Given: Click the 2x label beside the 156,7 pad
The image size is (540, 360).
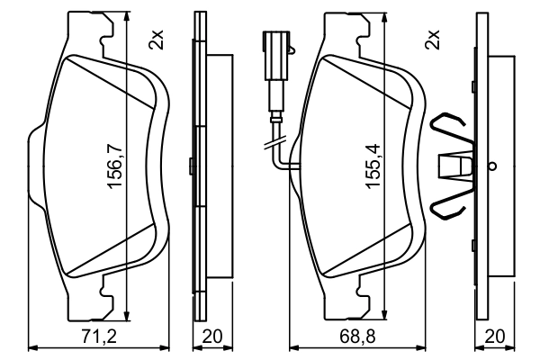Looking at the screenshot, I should click(x=157, y=38).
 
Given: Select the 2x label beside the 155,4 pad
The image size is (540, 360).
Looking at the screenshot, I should click(x=434, y=38).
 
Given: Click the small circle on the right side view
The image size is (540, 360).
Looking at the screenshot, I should click(x=491, y=166).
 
